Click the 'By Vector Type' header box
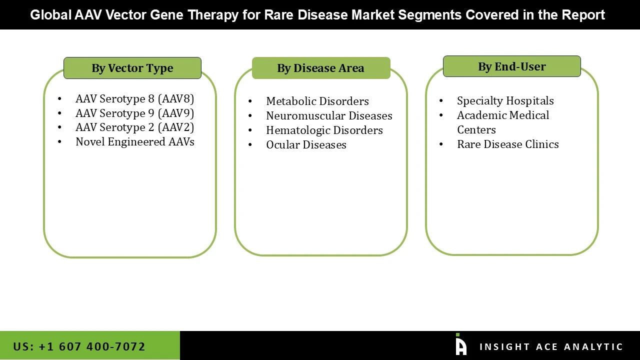click(x=132, y=68)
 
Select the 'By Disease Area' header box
click(x=320, y=68)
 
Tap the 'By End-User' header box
click(x=511, y=66)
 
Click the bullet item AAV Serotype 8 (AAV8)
click(x=134, y=98)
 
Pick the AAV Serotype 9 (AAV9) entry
click(x=134, y=113)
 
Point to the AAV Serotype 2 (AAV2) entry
click(x=134, y=127)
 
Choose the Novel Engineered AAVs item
click(x=134, y=141)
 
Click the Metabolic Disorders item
click(x=317, y=101)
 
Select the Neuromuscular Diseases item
click(x=329, y=115)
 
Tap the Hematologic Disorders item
click(x=324, y=130)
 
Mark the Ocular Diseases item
click(x=306, y=144)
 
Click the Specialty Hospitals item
click(x=505, y=100)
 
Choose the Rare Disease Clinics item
click(x=507, y=144)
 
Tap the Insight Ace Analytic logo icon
click(x=460, y=345)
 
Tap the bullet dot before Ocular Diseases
click(x=250, y=145)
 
